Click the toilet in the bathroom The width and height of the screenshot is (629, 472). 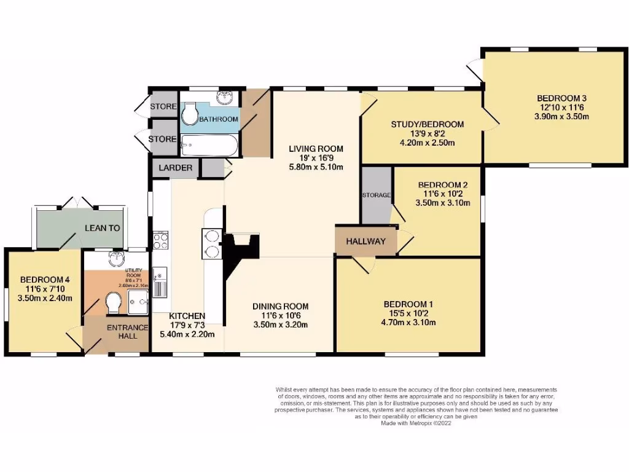coord(189,112)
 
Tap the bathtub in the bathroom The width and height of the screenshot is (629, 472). coord(206,146)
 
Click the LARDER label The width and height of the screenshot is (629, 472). coord(176,168)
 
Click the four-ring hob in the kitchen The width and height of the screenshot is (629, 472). coord(160,240)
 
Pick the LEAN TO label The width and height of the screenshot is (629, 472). coord(102,228)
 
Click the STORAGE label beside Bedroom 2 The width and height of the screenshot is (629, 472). coord(376,195)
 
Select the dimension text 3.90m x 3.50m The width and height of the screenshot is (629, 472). coord(562,116)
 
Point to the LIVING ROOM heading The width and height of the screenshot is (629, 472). coord(316,149)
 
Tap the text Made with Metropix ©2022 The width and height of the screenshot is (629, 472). coord(415,423)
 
